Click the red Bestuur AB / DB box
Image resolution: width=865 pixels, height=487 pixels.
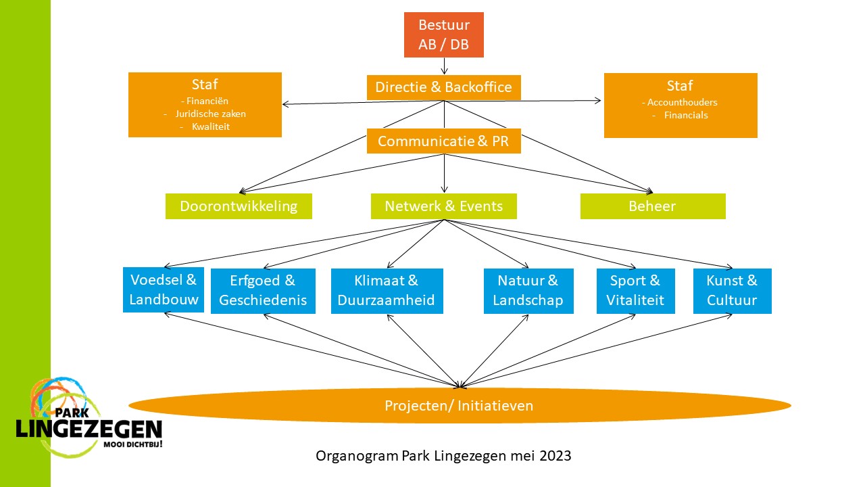(x=444, y=35)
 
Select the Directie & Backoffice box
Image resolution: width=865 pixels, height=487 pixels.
(x=443, y=87)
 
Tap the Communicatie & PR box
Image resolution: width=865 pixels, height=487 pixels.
(x=443, y=141)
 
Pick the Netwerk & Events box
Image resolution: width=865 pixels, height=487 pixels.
(x=443, y=206)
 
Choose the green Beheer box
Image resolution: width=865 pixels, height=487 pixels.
(x=652, y=206)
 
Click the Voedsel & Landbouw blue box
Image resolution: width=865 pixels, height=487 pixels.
(x=164, y=289)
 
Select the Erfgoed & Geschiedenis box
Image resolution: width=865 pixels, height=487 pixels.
(x=263, y=291)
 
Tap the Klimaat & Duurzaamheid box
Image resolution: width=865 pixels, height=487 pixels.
(x=387, y=291)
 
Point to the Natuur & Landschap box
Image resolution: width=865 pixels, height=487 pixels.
(x=528, y=291)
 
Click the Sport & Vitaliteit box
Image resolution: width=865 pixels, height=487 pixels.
(x=635, y=291)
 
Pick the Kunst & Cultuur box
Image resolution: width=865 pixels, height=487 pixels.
(x=732, y=291)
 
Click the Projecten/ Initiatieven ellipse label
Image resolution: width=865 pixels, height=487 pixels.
(x=459, y=406)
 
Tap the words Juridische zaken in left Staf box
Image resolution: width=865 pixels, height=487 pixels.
(x=210, y=114)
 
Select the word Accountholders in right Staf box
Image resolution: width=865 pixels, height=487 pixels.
(x=682, y=102)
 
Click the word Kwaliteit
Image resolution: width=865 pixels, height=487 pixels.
(x=211, y=126)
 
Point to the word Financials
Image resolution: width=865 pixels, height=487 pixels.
(x=686, y=115)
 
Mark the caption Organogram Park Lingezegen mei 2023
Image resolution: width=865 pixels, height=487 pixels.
(x=443, y=456)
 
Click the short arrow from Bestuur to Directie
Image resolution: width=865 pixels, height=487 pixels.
(x=444, y=66)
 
